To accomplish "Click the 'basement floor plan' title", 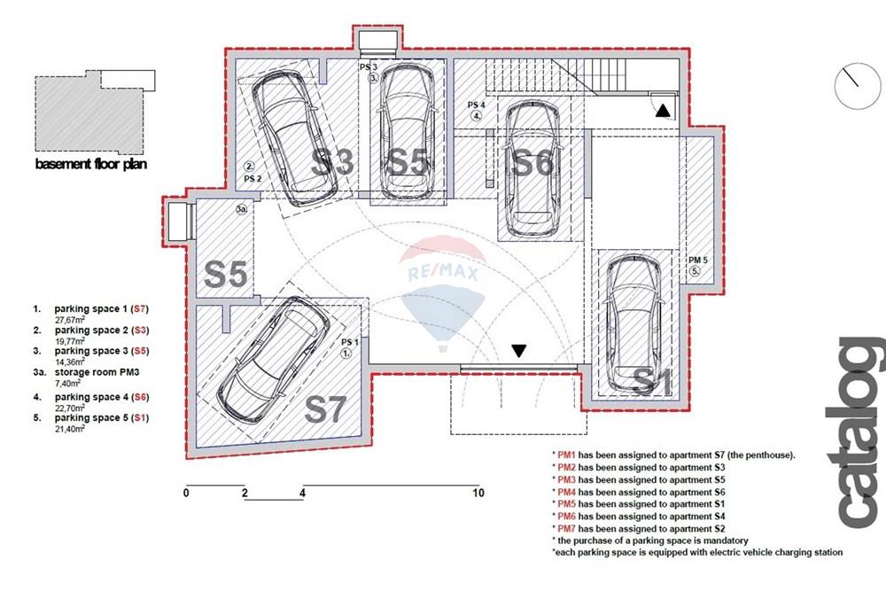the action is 91,164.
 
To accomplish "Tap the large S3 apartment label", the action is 333,161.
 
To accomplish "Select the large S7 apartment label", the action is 325,409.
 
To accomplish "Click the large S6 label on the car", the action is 531,163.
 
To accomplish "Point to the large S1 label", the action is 653,381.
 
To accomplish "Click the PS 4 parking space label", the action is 477,105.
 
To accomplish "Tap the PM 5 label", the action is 698,260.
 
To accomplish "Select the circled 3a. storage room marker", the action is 242,210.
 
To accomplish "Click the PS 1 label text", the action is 350,342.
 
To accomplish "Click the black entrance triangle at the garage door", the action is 518,351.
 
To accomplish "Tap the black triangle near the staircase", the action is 663,110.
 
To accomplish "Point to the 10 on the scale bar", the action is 478,493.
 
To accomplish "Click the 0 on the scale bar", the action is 186,493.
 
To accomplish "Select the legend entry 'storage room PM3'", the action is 97,372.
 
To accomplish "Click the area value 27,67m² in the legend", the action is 69,320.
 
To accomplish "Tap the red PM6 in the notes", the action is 566,517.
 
